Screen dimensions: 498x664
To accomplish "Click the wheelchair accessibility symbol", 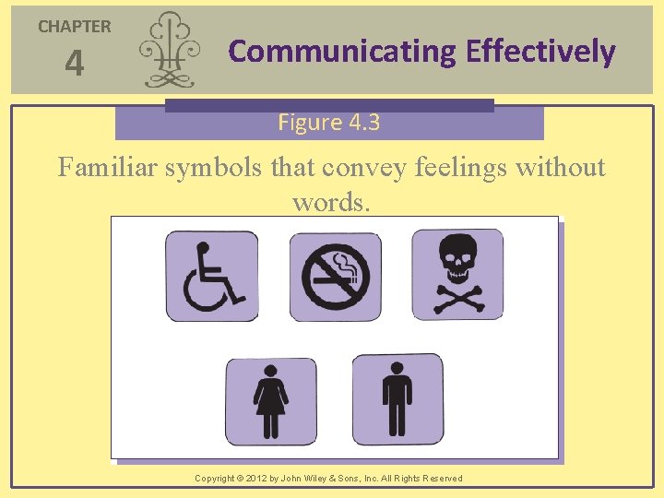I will click(x=212, y=276).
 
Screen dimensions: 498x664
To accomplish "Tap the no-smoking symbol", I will click(x=335, y=276).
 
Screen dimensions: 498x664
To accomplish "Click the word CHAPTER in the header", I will click(x=74, y=27).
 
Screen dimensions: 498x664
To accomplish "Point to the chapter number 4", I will click(x=74, y=65).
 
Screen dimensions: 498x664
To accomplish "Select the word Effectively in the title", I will click(x=540, y=51).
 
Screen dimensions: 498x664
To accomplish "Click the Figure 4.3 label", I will click(x=329, y=123).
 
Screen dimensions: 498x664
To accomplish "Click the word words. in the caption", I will click(x=331, y=201).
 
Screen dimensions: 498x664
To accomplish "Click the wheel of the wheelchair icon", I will click(x=206, y=290).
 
